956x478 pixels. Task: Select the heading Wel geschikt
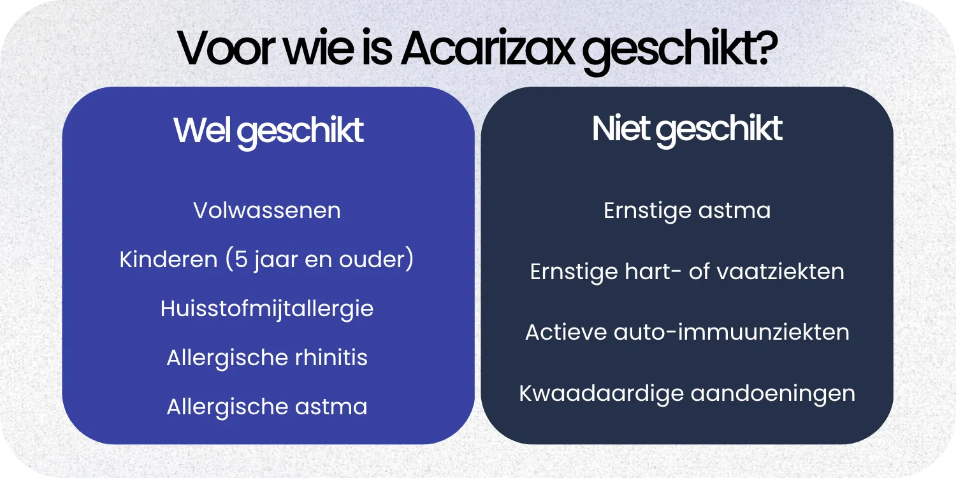pos(268,131)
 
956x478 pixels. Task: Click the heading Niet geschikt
pos(687,129)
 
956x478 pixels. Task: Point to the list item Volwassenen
pos(267,210)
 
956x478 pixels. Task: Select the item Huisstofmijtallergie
pos(267,308)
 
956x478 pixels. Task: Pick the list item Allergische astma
pos(267,407)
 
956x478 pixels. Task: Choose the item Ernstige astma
pos(687,210)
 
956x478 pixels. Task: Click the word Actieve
pos(566,332)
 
